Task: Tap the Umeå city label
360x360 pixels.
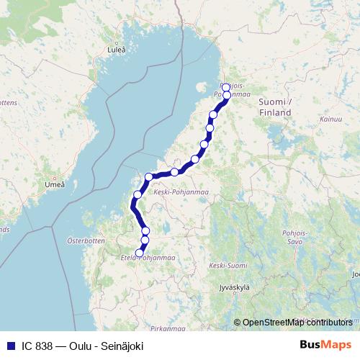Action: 55,184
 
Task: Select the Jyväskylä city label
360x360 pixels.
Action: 233,287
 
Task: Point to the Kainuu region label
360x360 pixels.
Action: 331,118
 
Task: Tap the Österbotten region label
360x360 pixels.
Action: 86,240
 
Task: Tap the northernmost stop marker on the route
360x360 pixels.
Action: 226,87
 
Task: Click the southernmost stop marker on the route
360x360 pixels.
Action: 140,253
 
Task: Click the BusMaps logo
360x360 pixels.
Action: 325,346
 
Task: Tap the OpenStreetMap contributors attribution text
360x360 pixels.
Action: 297,323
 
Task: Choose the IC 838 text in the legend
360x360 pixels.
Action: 35,346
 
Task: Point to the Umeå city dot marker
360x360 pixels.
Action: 53,176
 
